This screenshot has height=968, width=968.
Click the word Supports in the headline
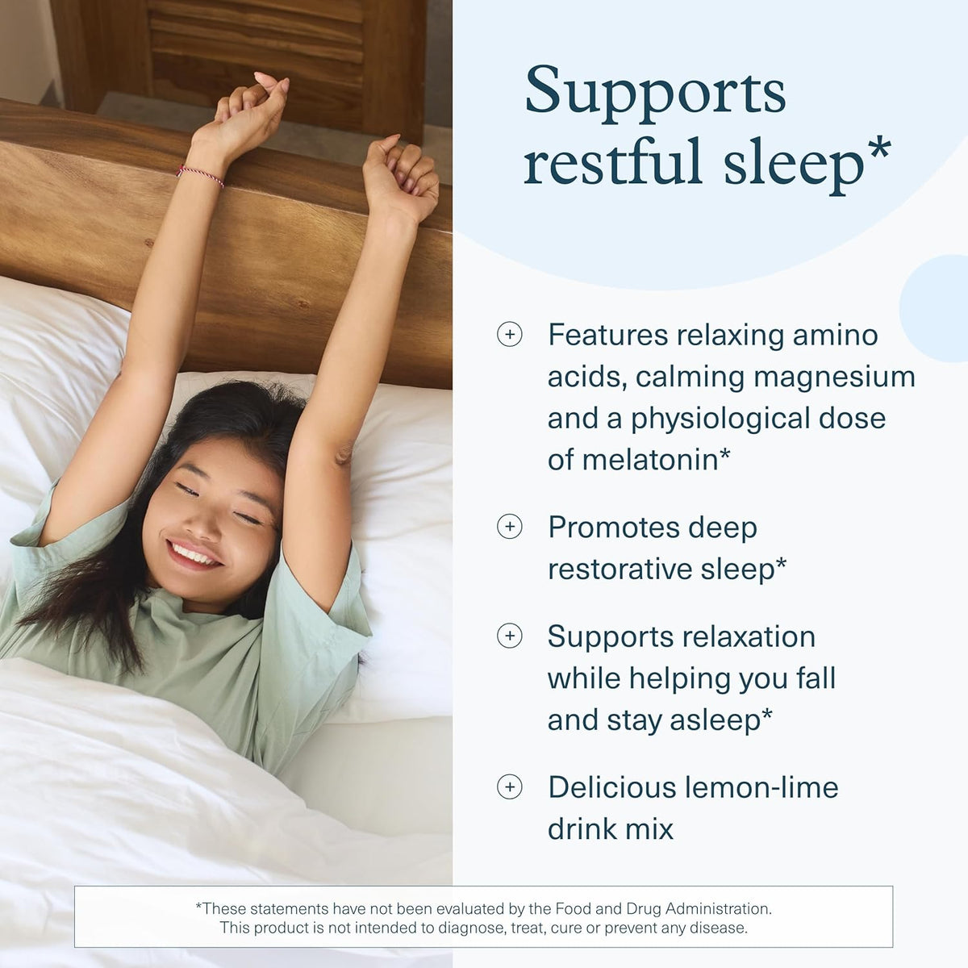(x=655, y=92)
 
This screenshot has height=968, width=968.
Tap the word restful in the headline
(x=612, y=161)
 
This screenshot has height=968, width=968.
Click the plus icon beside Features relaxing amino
(x=510, y=334)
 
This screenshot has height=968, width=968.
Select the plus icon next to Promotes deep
(x=510, y=527)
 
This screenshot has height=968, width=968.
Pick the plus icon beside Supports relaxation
(x=510, y=636)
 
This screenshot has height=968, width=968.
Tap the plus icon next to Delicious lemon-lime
(x=510, y=786)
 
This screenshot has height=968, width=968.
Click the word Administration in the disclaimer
(x=718, y=908)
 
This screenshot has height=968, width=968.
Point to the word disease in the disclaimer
(x=720, y=928)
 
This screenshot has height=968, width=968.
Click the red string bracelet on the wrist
(x=200, y=174)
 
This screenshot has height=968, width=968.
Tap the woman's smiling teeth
(x=194, y=554)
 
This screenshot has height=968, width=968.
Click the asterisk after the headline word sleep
(x=878, y=150)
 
